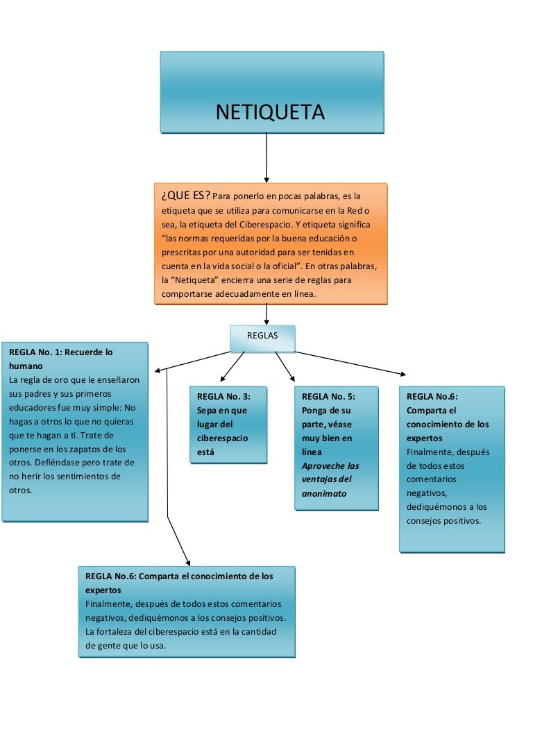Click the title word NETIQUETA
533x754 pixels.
coord(270,112)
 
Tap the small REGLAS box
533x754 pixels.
coord(262,336)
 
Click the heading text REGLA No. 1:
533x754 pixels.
coord(35,352)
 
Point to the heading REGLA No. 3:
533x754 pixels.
coord(223,397)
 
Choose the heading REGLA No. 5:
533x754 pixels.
coord(328,397)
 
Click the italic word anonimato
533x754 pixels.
coord(324,494)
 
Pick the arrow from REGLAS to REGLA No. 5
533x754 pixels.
coord(285,366)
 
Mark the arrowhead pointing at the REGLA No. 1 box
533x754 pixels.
coord(159,370)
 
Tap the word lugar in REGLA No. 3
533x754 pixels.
coord(209,425)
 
